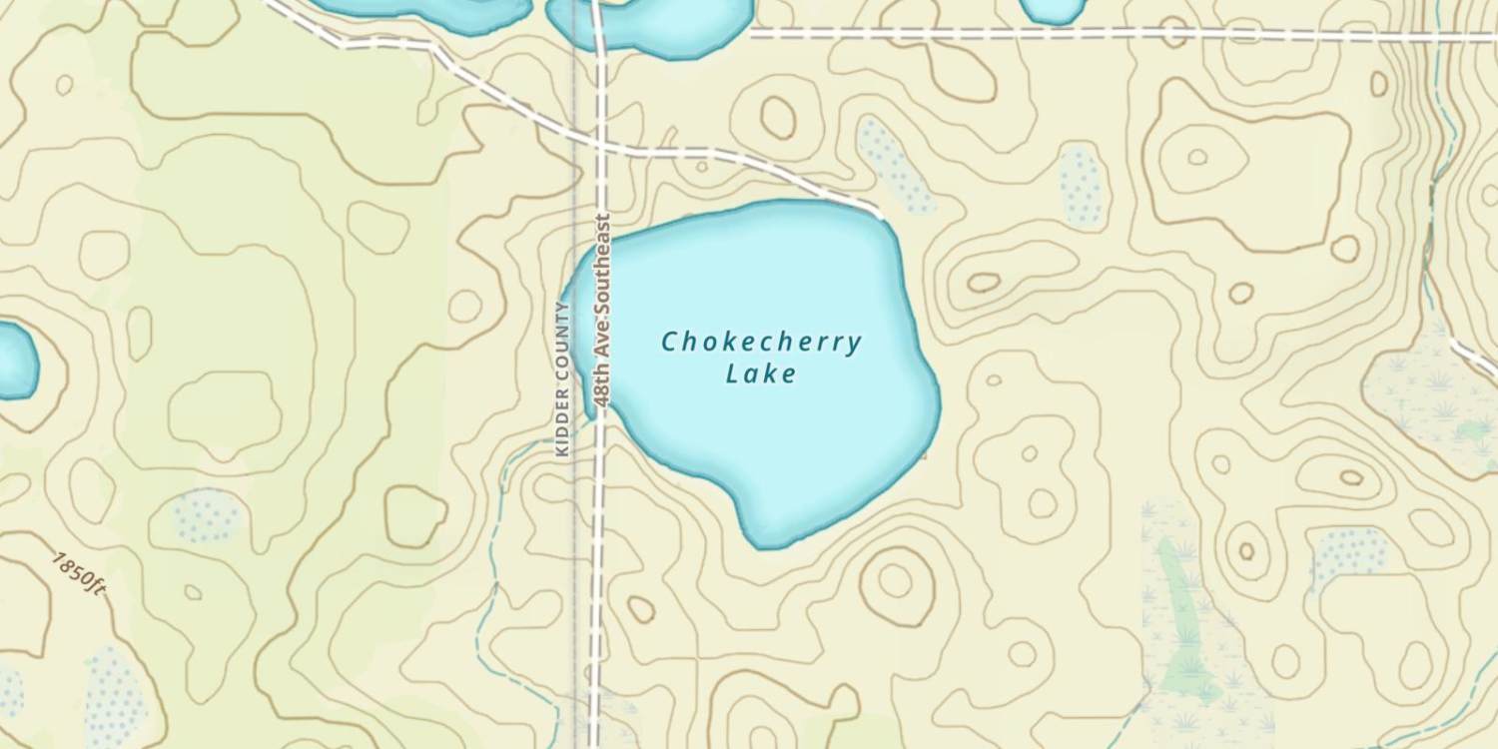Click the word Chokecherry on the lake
tap(761, 343)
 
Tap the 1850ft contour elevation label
tap(79, 571)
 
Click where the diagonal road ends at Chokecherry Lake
tap(879, 212)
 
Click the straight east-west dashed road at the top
tap(1099, 34)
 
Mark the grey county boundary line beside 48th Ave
tap(574, 200)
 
